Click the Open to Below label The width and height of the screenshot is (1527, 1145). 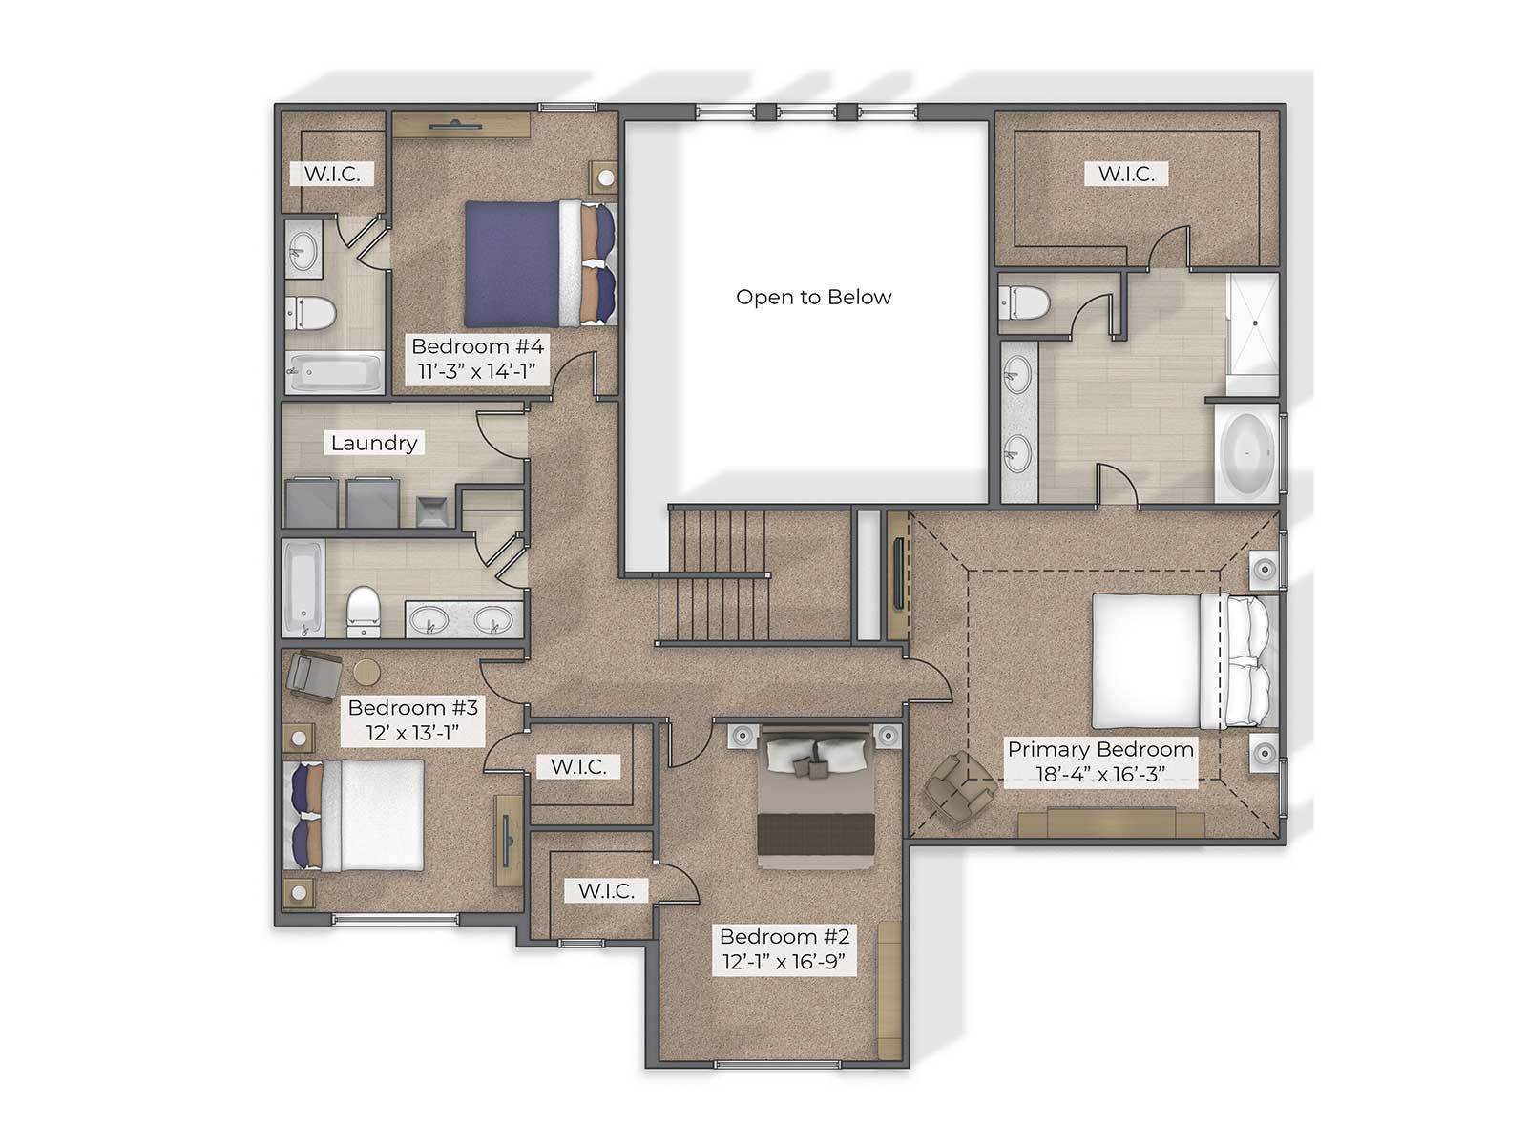tap(812, 297)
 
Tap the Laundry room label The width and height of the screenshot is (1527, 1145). tap(373, 443)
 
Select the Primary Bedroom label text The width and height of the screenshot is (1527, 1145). tap(1099, 749)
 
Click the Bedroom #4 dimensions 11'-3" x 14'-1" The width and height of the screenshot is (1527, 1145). tap(476, 371)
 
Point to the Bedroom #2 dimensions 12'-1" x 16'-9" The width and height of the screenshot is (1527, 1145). tap(784, 962)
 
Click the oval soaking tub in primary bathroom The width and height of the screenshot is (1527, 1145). tap(1247, 453)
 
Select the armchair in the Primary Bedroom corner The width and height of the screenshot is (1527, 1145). tap(958, 789)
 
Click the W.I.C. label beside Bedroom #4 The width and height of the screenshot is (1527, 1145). tap(332, 174)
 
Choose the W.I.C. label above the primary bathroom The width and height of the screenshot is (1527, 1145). tap(1125, 174)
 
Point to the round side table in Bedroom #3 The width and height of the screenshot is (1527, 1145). tap(366, 673)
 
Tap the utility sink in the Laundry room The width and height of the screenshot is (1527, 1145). tap(432, 511)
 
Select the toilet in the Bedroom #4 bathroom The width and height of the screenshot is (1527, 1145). tap(311, 313)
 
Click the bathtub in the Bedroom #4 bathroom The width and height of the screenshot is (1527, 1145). tap(335, 372)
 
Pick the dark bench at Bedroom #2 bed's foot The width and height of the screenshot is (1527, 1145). tap(815, 832)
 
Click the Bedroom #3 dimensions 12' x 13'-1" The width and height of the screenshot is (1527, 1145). tap(412, 733)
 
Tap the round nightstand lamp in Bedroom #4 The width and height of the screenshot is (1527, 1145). tap(606, 178)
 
